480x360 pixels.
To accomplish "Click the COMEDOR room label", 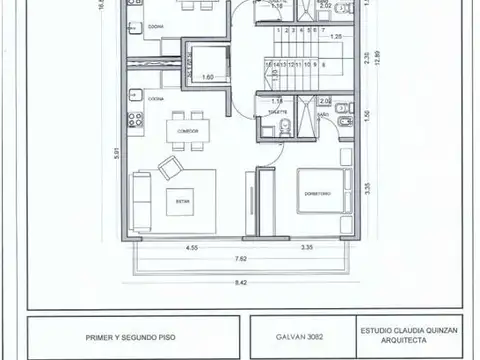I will (x=187, y=131).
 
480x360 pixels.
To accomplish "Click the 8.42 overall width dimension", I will (x=241, y=283).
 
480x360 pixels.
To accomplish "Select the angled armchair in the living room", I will (x=171, y=166).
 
